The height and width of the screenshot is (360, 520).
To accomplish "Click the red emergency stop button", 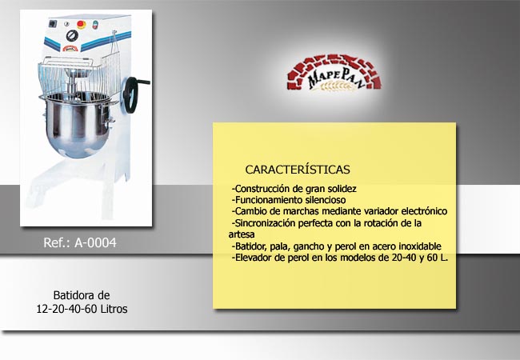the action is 82,24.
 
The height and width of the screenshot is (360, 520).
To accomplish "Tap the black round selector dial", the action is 72,35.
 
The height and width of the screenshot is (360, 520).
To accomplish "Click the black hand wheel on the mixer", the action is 132,95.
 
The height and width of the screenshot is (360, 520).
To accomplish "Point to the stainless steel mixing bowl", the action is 78,125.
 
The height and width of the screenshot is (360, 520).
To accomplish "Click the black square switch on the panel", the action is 53,24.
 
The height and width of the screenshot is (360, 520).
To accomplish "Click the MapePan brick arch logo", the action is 334,73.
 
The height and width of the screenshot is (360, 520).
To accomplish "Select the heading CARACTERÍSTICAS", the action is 298,170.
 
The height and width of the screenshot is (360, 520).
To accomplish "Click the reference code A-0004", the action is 95,242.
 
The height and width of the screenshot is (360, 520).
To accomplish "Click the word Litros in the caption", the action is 114,309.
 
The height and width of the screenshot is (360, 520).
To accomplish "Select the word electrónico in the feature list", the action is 424,211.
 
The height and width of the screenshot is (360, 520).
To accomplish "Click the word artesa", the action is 242,234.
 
